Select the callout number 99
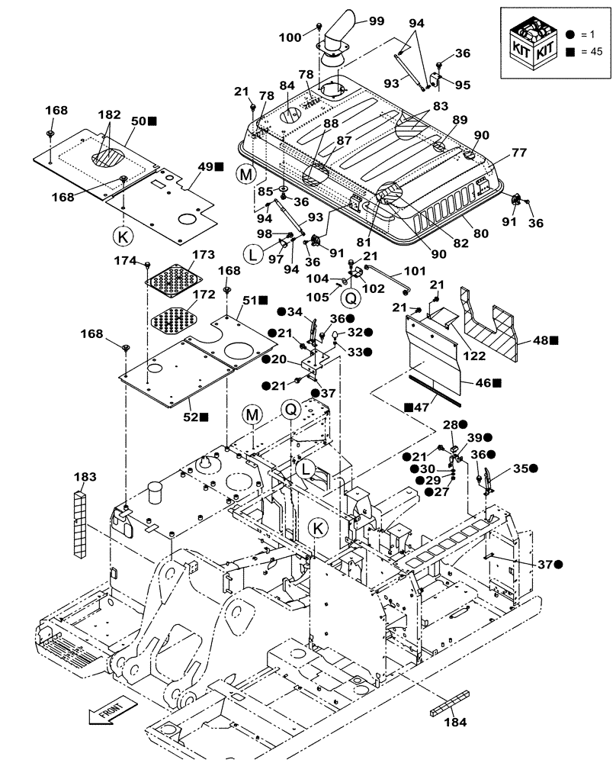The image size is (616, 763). coord(376,21)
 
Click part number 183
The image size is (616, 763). coord(85,476)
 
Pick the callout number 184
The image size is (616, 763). coord(456,720)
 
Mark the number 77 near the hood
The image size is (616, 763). coord(518,153)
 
